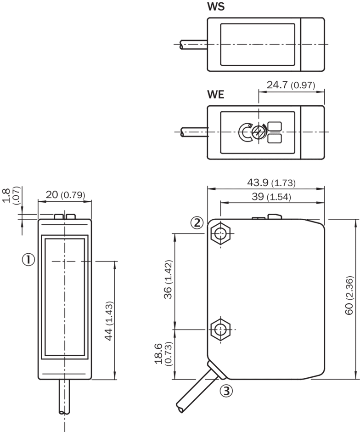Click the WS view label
216,6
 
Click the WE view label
216,95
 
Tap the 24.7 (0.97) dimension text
291,85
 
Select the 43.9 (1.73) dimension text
271,182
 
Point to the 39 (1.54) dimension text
271,196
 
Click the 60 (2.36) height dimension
349,295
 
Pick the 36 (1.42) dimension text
168,279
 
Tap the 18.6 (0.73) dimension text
163,354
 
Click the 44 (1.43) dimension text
109,321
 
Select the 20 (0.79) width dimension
65,195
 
